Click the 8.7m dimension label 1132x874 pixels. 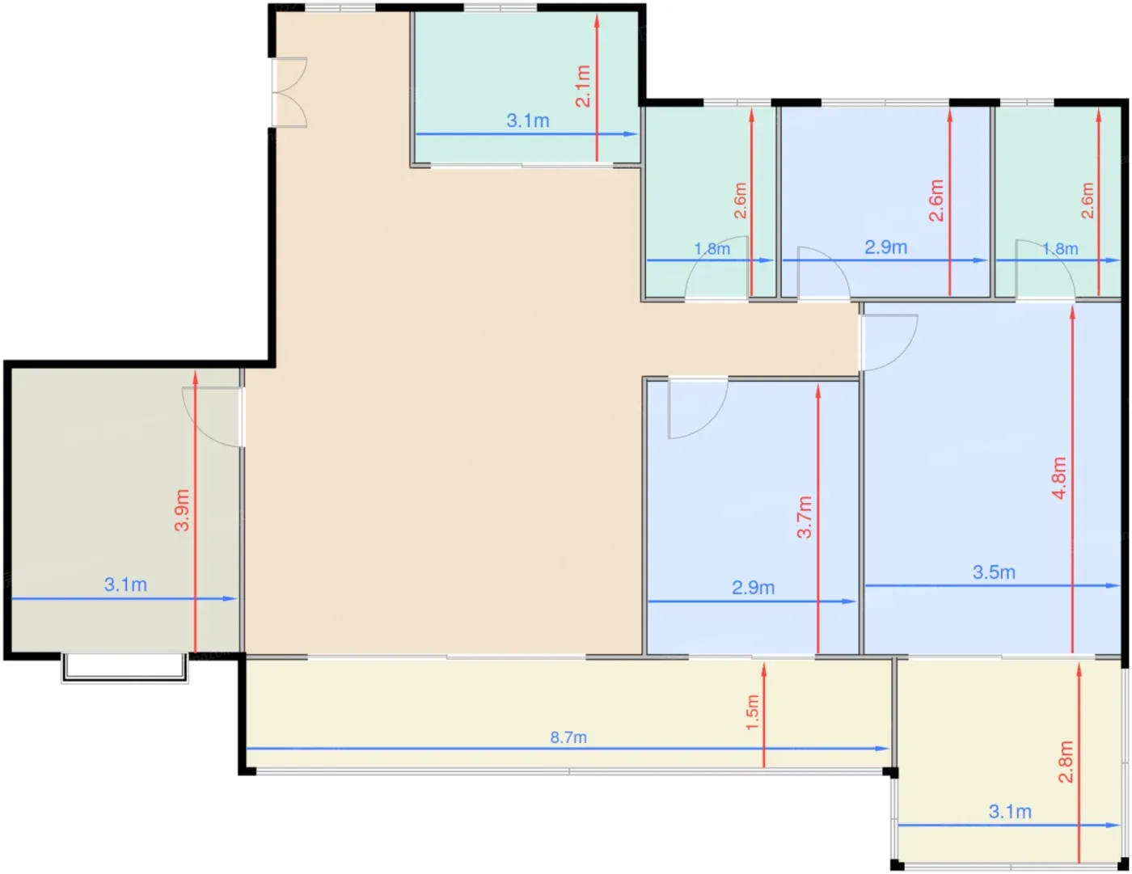[568, 737]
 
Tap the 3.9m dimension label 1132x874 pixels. [182, 510]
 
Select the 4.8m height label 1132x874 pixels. [1059, 478]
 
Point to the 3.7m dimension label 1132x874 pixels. [805, 517]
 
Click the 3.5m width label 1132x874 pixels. [994, 572]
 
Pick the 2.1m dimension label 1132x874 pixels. [583, 87]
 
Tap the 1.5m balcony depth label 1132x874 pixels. [752, 712]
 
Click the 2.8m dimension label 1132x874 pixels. [1066, 762]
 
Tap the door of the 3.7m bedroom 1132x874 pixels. [698, 407]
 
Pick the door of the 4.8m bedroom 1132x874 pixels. [888, 343]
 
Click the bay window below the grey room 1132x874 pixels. [125, 668]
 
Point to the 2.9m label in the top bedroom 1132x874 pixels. [885, 247]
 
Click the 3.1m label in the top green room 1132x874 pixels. [528, 120]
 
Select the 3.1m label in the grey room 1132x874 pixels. [125, 585]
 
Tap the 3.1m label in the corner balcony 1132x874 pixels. [1010, 812]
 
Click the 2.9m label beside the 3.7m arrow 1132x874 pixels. [754, 588]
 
